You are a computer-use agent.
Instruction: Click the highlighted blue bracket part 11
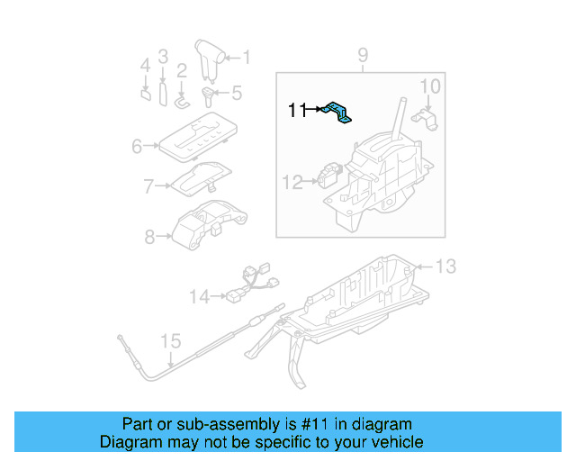tap(339, 113)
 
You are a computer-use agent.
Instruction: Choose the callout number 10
tap(430, 86)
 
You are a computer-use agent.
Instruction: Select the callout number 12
tap(292, 183)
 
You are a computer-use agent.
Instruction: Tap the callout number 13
tap(446, 266)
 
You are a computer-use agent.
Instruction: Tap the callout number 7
tap(148, 186)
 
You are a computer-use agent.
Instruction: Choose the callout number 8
tap(148, 237)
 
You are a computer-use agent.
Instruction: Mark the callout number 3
tap(163, 57)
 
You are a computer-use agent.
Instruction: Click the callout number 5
tap(237, 92)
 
